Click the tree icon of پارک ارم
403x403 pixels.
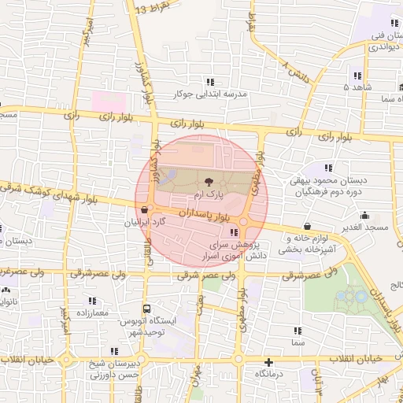[x=208, y=180]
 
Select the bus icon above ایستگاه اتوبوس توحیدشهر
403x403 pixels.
[x=146, y=309]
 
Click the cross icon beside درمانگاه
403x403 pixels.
[x=269, y=363]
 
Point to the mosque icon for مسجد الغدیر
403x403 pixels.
[x=364, y=215]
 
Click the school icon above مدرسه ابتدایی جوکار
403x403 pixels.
[x=209, y=81]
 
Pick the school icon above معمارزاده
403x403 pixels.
[x=93, y=301]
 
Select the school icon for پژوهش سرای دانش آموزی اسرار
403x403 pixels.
[x=233, y=233]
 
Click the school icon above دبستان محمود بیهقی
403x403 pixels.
[x=328, y=167]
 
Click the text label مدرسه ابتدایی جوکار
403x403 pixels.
[x=216, y=94]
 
